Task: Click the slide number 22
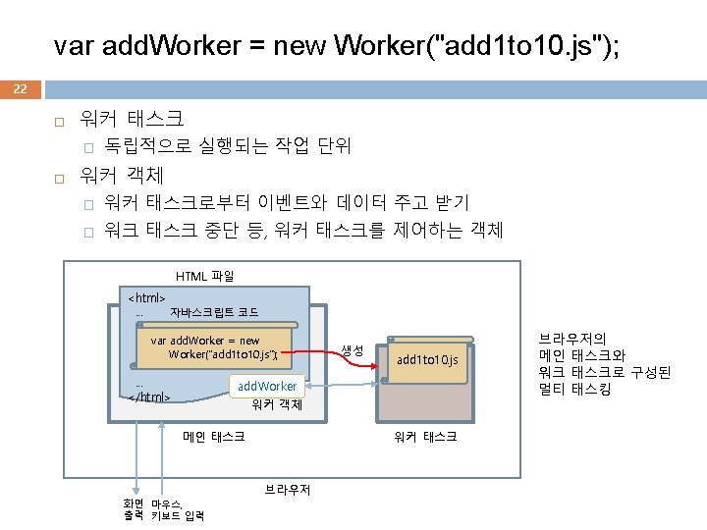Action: (x=21, y=89)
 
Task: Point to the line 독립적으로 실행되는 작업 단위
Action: (x=228, y=147)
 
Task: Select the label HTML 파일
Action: (x=204, y=277)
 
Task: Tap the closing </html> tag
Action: (x=150, y=397)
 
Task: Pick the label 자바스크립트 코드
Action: (x=214, y=312)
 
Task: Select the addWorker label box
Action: (x=267, y=387)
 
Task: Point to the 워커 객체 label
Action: (x=277, y=404)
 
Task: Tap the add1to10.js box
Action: (x=426, y=360)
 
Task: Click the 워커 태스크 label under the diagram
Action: (x=425, y=437)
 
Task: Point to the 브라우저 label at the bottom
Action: (x=287, y=489)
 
